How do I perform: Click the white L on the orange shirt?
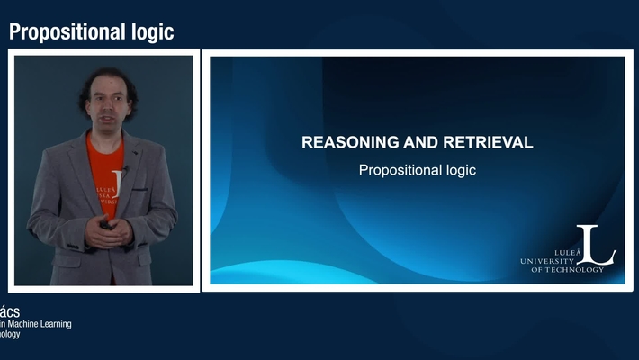(x=114, y=177)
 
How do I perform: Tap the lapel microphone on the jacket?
(x=126, y=168)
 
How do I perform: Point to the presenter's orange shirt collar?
(x=106, y=141)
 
